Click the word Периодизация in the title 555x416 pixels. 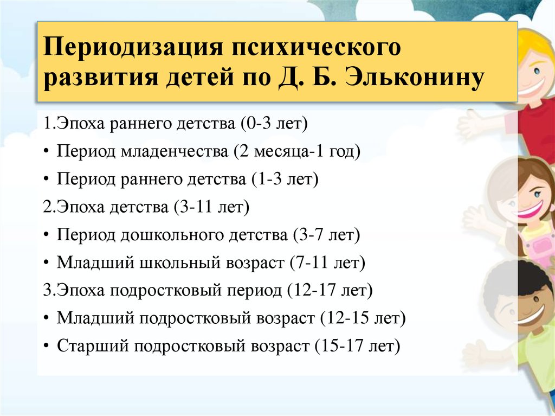pos(133,48)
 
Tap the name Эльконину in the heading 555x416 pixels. pos(415,77)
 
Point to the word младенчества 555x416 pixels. pos(175,152)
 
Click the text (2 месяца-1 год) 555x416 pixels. pos(296,152)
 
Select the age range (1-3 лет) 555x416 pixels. pos(285,179)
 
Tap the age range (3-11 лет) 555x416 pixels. pos(211,207)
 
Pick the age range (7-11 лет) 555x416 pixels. pos(327,263)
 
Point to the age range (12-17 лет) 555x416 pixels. pos(330,290)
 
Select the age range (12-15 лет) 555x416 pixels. pos(363,318)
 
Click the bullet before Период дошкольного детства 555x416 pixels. pos(47,235)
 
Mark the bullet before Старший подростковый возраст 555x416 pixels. pos(47,346)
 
